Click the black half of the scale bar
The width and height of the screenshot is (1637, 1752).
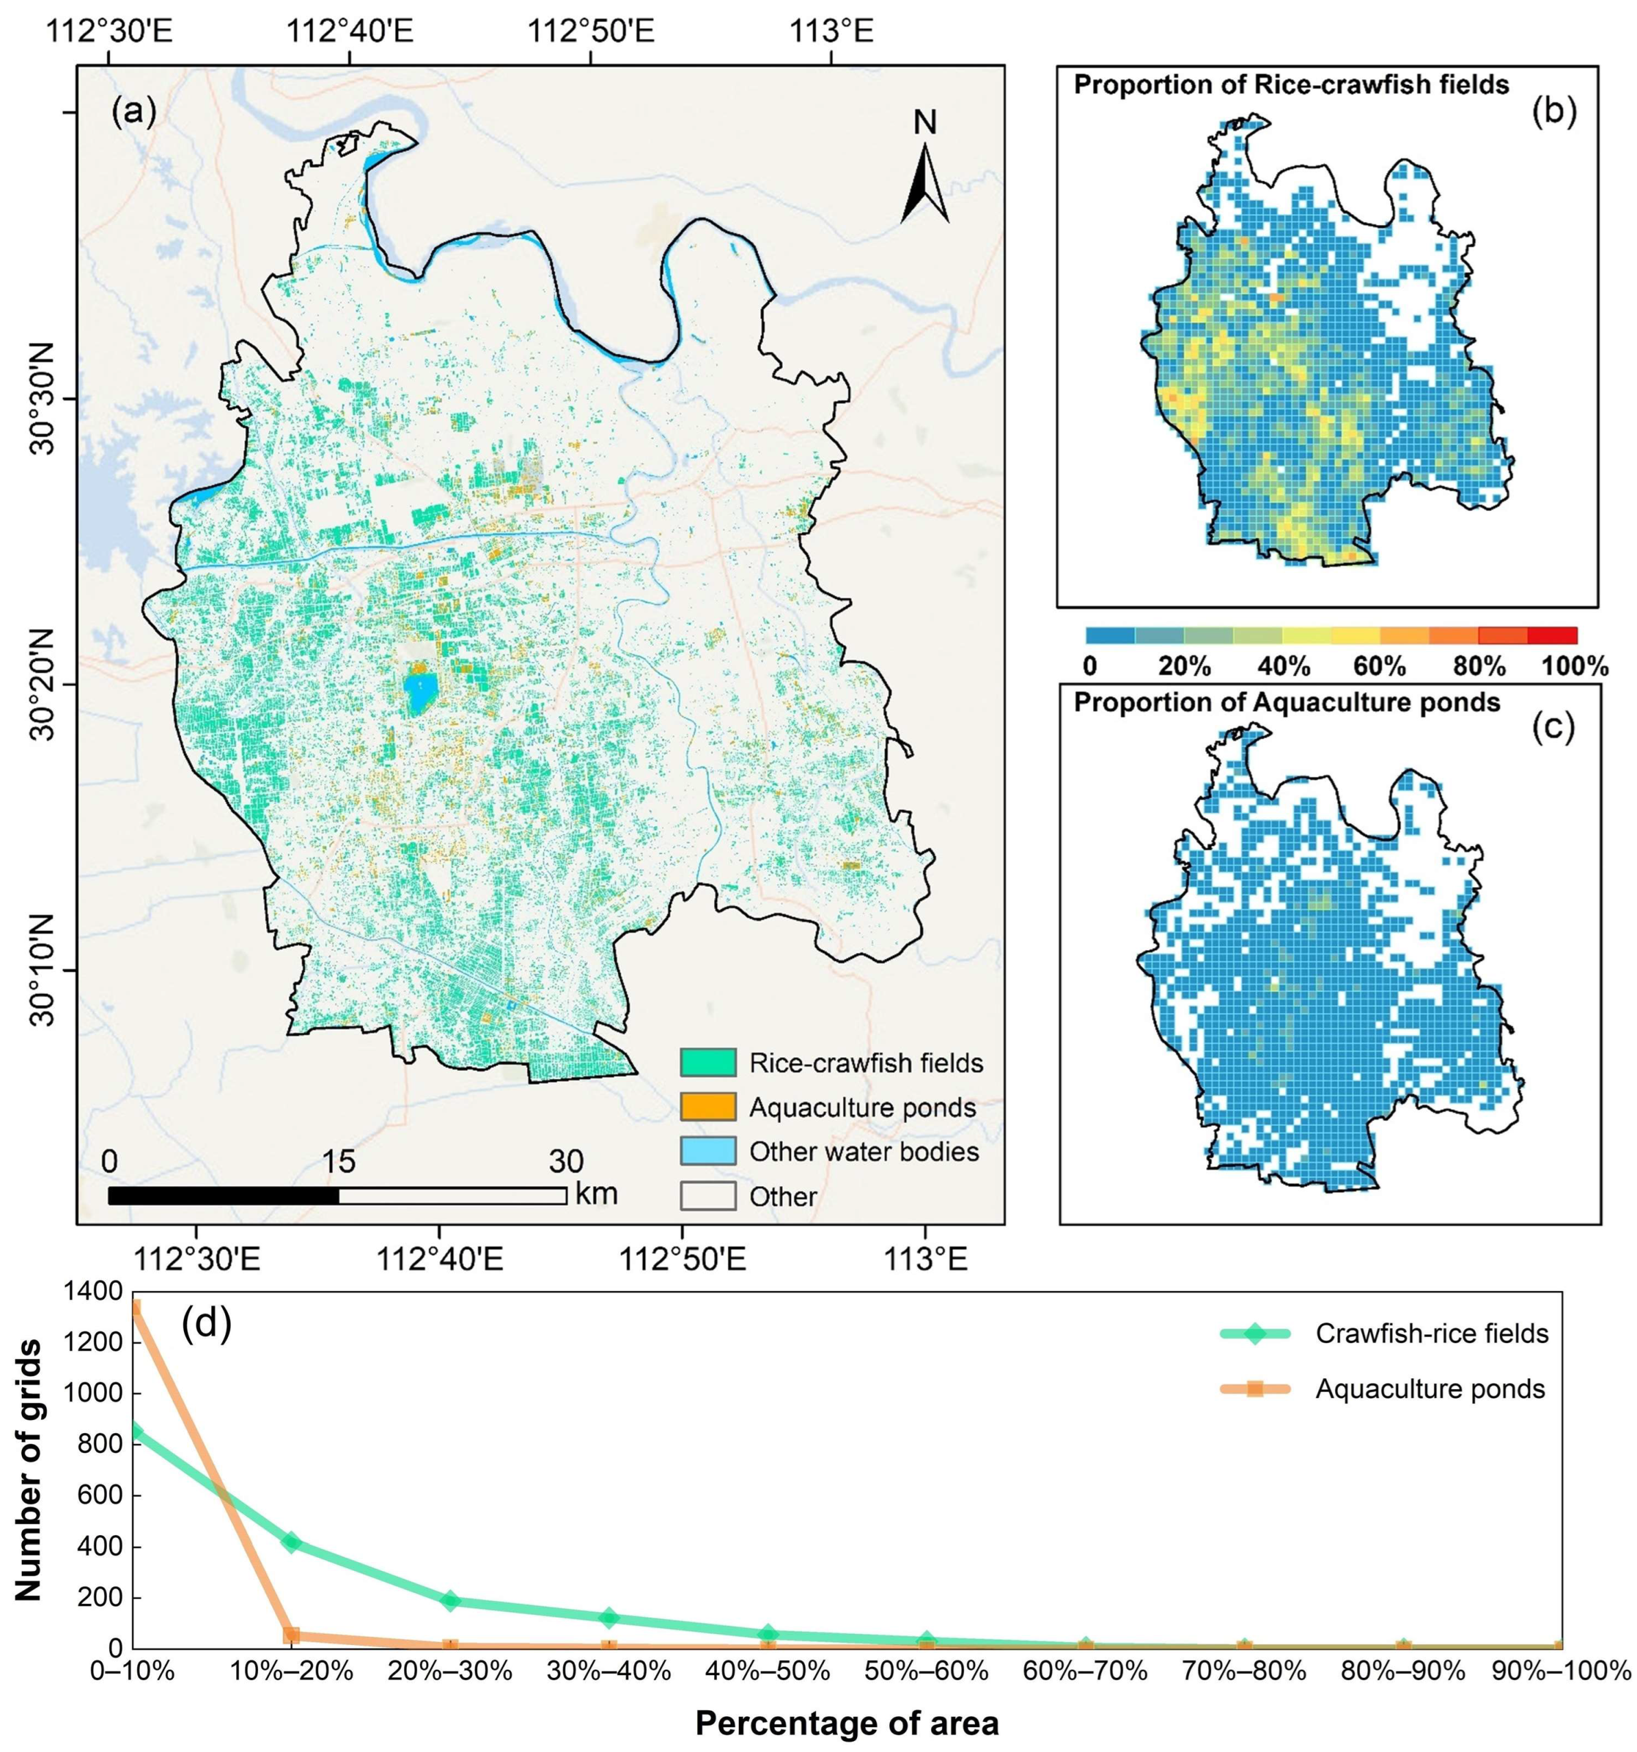(x=223, y=1196)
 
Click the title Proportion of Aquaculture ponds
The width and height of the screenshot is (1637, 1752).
(x=1286, y=702)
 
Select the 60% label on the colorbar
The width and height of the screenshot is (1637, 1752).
(x=1380, y=666)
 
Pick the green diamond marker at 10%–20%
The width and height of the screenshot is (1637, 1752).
(x=292, y=1542)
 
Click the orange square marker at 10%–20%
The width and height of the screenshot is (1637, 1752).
(x=292, y=1635)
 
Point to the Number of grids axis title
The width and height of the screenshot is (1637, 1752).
(x=28, y=1470)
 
